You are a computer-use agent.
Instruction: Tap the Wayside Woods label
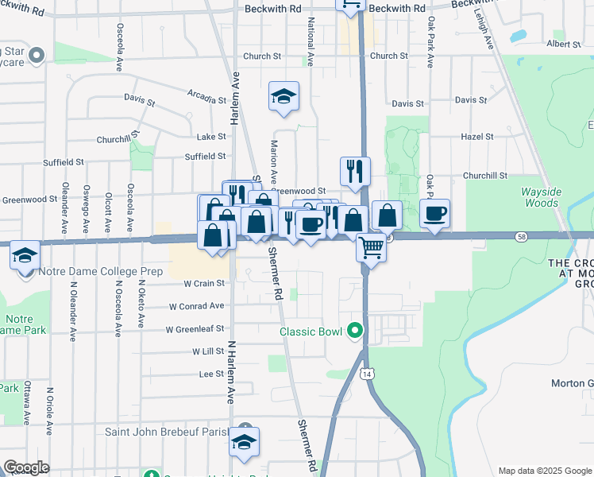click(541, 197)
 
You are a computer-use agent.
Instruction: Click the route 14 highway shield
click(365, 373)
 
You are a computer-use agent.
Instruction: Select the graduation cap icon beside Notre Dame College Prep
click(25, 255)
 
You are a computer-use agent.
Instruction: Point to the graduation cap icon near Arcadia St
click(283, 96)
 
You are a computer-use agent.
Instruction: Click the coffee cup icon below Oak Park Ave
click(434, 213)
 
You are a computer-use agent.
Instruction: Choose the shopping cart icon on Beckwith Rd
click(349, 4)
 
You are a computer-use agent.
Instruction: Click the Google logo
click(27, 467)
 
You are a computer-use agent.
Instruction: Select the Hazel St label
click(477, 137)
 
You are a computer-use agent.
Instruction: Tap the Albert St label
click(565, 45)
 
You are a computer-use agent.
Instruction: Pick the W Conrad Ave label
click(197, 306)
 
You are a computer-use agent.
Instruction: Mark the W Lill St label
click(208, 351)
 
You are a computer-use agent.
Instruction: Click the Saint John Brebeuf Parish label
click(169, 432)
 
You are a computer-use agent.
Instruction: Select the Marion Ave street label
click(274, 162)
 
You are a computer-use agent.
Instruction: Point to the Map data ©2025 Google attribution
click(545, 471)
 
